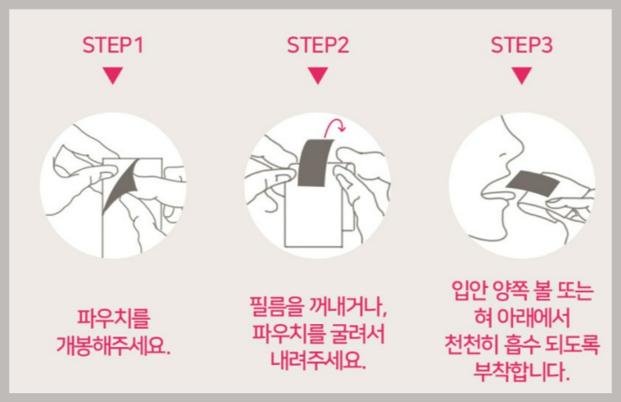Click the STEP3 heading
point(521,44)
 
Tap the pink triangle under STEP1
point(111,76)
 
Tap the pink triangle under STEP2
point(316,76)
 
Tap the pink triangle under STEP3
point(521,76)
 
